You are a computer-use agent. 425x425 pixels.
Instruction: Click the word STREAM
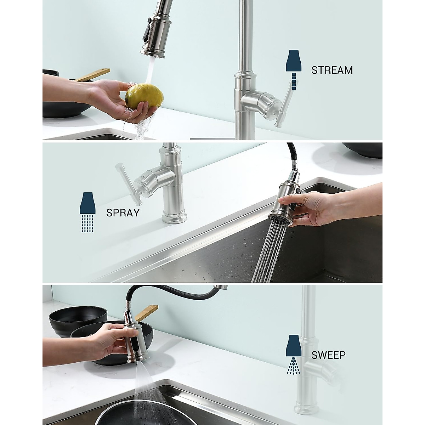[332, 70]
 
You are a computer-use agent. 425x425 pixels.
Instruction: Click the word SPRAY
[123, 212]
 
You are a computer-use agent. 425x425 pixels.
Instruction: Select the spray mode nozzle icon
[87, 212]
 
